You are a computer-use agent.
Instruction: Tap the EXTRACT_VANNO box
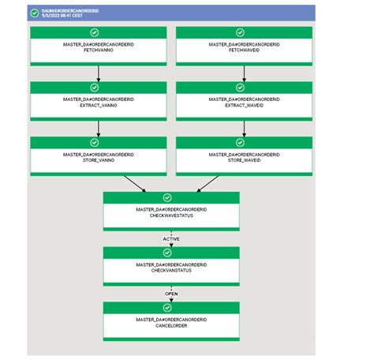coord(99,102)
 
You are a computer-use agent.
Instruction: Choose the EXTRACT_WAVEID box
coord(244,102)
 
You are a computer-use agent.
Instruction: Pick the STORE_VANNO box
coord(99,157)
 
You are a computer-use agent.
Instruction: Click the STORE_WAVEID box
coord(244,157)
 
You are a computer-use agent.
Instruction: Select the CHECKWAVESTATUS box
coord(171,212)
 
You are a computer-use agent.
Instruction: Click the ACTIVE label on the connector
coord(171,238)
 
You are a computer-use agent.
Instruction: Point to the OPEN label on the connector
coord(171,294)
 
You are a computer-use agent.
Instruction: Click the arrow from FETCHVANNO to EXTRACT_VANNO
coord(99,73)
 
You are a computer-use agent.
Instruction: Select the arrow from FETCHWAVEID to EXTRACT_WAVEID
coord(244,73)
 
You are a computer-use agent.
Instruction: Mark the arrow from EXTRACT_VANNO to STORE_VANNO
coord(99,129)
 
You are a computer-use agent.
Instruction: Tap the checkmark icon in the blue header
coord(34,13)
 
